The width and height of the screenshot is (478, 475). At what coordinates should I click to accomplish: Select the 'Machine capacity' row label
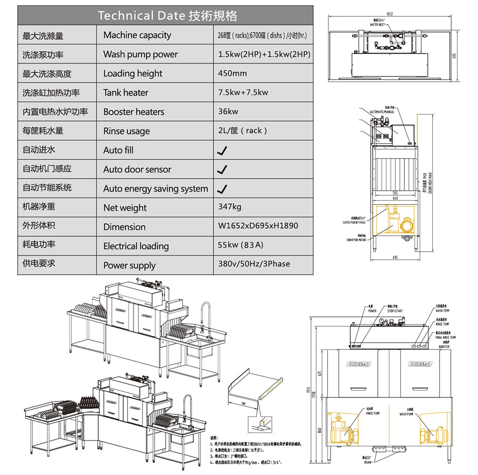137,35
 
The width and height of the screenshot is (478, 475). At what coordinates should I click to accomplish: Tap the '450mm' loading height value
232,73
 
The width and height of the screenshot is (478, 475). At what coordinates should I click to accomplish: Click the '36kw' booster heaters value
228,111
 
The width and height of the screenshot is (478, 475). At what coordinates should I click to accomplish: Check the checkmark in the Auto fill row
222,150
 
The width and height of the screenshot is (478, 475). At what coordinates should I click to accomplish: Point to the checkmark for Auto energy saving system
222,189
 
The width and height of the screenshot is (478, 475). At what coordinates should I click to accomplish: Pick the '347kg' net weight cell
230,207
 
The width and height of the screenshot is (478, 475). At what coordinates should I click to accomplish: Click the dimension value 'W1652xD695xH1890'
258,226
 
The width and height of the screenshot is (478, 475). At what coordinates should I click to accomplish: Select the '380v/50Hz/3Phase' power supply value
254,264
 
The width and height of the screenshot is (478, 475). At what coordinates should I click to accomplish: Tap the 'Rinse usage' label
126,131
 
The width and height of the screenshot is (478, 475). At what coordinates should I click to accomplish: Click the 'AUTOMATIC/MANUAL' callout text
382,111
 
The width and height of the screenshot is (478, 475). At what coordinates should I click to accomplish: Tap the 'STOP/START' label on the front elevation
394,311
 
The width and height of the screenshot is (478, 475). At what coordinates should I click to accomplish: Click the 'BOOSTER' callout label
444,347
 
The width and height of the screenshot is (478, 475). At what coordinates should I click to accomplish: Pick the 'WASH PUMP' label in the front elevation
408,413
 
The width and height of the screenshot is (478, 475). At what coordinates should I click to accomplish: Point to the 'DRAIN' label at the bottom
368,462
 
